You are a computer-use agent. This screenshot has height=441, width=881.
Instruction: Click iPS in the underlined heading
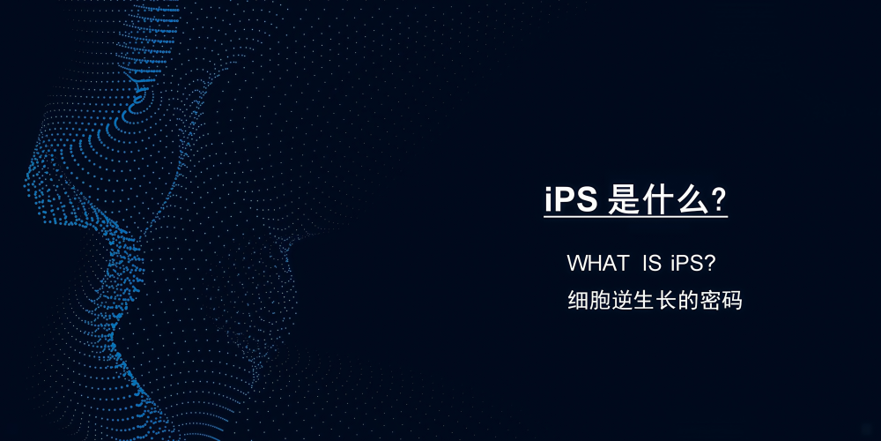click(571, 199)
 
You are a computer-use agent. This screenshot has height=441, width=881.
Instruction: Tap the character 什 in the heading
click(657, 199)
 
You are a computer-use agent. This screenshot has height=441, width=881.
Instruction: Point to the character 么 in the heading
click(692, 199)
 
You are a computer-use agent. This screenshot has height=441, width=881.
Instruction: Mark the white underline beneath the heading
click(635, 217)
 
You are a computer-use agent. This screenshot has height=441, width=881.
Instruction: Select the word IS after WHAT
click(652, 263)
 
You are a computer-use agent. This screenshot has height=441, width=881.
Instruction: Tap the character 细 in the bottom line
click(578, 301)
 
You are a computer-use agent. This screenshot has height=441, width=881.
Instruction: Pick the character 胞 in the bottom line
click(600, 301)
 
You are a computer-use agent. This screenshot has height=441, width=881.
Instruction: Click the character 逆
click(622, 301)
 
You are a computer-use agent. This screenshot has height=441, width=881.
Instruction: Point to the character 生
click(644, 301)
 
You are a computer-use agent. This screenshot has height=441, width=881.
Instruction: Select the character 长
click(666, 301)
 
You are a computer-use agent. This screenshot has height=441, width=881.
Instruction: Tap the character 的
click(688, 301)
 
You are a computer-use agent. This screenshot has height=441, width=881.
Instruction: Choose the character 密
click(709, 301)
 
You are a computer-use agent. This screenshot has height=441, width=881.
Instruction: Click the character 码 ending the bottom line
click(731, 301)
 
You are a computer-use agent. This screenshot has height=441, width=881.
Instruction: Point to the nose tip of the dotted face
click(28, 184)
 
